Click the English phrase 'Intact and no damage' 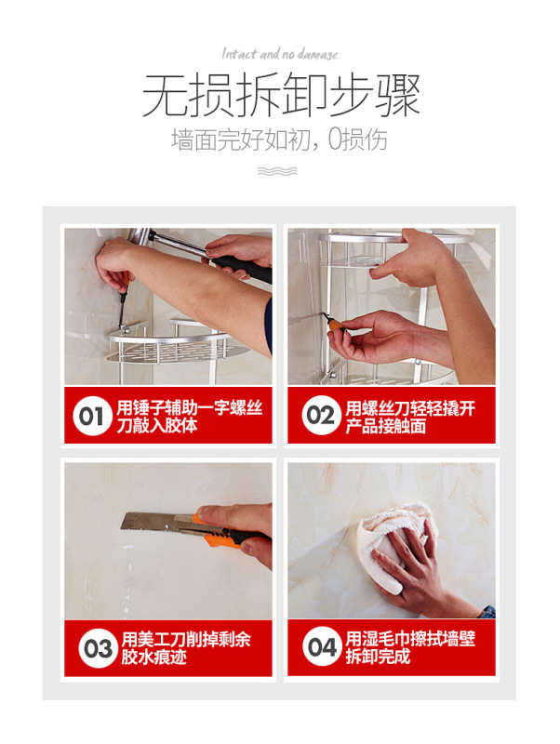pyautogui.click(x=280, y=54)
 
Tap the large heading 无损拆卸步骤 pyautogui.click(x=281, y=95)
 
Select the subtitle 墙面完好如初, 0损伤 pyautogui.click(x=279, y=139)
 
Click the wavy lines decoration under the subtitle pyautogui.click(x=277, y=171)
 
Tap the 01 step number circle pyautogui.click(x=91, y=416)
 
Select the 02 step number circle pyautogui.click(x=321, y=415)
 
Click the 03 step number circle pyautogui.click(x=98, y=648)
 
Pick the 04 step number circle pyautogui.click(x=322, y=646)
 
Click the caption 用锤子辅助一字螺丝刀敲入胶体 pyautogui.click(x=190, y=416)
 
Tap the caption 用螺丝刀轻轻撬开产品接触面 pyautogui.click(x=410, y=417)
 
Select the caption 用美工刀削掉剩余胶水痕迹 pyautogui.click(x=186, y=648)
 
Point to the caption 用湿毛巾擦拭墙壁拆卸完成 pyautogui.click(x=410, y=646)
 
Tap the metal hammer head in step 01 pyautogui.click(x=139, y=236)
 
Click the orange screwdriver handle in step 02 pyautogui.click(x=337, y=325)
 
